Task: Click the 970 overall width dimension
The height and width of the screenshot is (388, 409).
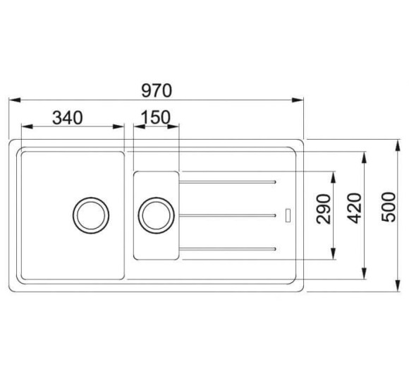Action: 157,90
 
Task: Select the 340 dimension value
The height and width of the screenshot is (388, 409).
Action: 68,117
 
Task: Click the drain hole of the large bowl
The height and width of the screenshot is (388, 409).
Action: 91,214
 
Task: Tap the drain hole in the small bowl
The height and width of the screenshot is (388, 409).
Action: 155,214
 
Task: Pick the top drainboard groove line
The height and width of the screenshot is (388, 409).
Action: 227,183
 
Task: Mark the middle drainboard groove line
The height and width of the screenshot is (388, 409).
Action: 227,214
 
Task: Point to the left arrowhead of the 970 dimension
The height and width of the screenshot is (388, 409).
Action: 15,101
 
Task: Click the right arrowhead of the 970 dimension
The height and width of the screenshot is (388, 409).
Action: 299,101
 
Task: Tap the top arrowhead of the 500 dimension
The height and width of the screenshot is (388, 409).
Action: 395,143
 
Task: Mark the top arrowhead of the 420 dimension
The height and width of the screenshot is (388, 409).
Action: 364,156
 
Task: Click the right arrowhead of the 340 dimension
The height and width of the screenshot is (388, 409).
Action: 119,128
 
